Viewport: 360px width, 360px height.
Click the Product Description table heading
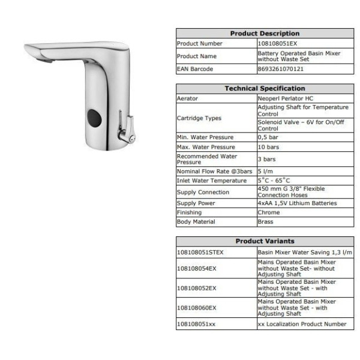pos(265,34)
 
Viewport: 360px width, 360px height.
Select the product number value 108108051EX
pos(276,43)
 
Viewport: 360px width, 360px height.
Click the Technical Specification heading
pos(265,88)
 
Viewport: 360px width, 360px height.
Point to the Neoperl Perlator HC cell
pos(286,98)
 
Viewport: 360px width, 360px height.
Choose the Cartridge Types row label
pos(199,118)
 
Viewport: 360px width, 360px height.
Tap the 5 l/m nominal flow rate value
pos(266,171)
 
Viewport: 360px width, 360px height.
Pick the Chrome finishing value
pos(268,212)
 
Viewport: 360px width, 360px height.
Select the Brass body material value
pos(265,221)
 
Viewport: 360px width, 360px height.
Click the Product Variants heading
pos(265,241)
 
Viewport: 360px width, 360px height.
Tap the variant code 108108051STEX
pos(200,253)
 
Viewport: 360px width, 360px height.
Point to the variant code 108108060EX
pos(196,307)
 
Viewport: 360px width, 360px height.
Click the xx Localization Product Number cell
pos(302,324)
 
